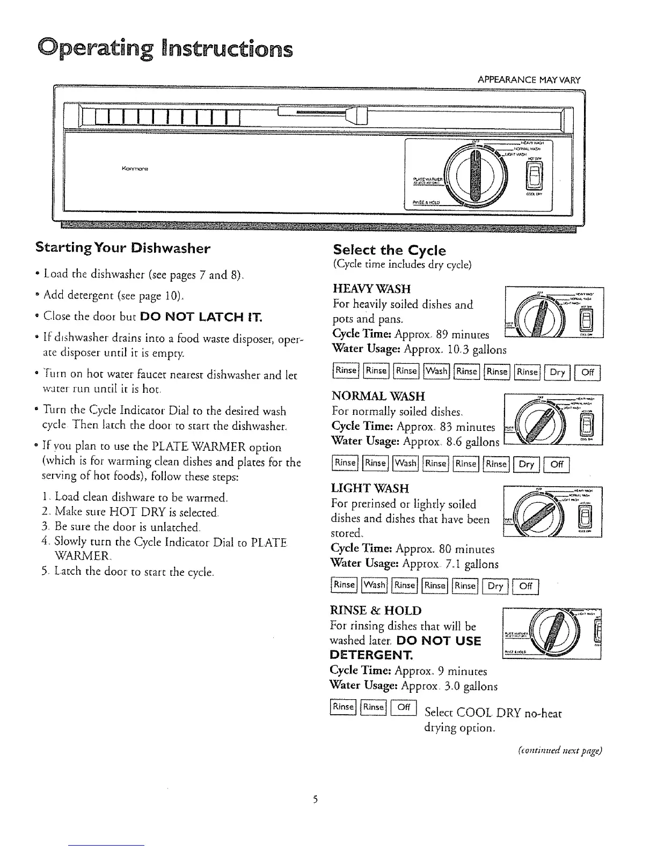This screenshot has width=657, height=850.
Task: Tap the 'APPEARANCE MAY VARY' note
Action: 529,80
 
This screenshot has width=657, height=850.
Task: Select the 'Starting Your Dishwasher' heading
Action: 122,248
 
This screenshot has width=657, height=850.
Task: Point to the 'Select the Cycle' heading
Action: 389,250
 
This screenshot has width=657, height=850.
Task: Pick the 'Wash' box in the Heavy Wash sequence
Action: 436,371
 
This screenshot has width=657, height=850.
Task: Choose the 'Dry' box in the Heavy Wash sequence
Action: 558,371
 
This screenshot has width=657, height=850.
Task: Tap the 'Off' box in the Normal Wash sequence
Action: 556,464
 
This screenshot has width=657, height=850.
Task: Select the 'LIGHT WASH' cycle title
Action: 370,488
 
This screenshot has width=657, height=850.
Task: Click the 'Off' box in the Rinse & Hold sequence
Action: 404,707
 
